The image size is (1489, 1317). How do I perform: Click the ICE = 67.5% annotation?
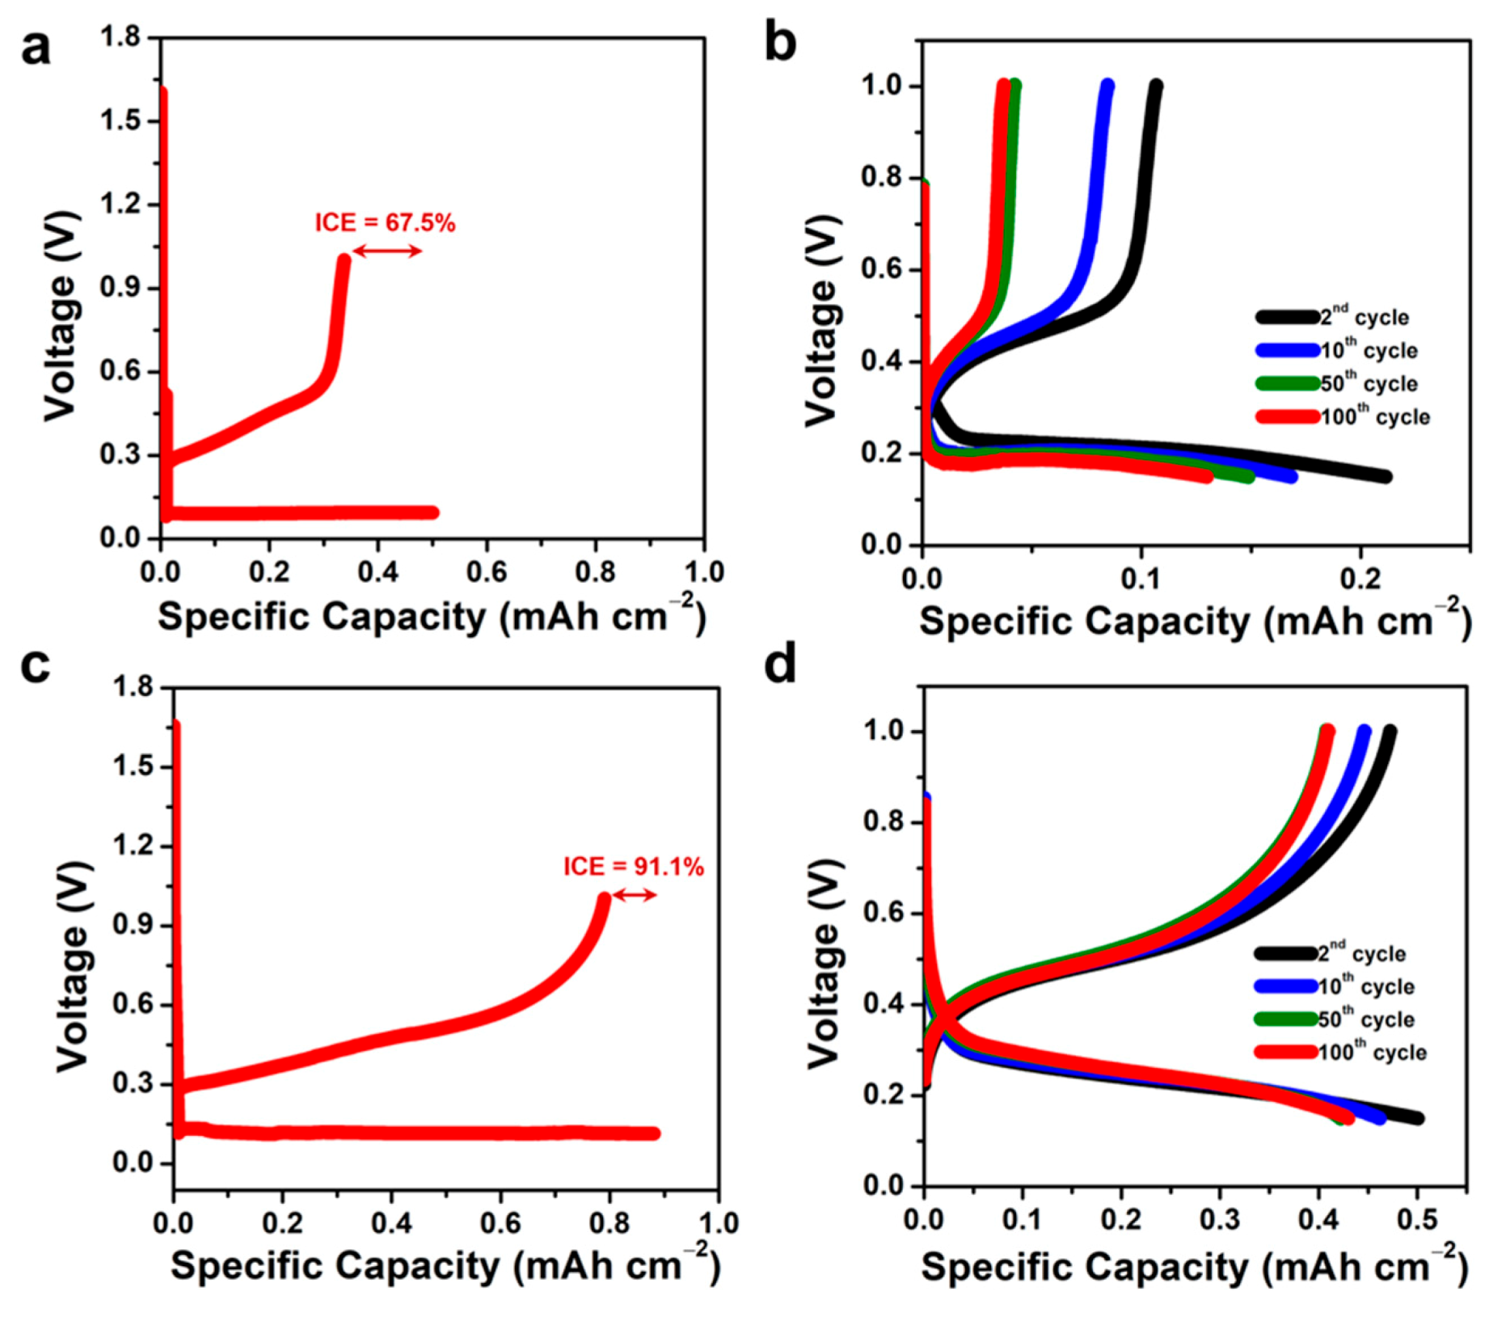click(x=385, y=222)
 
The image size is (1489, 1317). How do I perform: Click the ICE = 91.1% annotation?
click(x=633, y=867)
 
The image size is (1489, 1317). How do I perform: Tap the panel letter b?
click(x=779, y=44)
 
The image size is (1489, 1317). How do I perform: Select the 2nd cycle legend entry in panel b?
click(x=1334, y=317)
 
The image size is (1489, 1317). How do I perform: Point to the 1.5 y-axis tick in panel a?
click(x=120, y=120)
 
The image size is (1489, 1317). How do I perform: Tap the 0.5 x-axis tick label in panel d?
click(x=1417, y=1219)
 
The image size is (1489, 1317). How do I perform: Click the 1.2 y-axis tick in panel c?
click(x=133, y=846)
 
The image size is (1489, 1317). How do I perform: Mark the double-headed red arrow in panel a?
click(x=387, y=251)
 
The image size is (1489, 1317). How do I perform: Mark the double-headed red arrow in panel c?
click(x=635, y=895)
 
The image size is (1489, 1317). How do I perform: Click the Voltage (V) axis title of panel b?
click(x=821, y=320)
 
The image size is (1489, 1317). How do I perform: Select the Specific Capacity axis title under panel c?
click(x=445, y=1266)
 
